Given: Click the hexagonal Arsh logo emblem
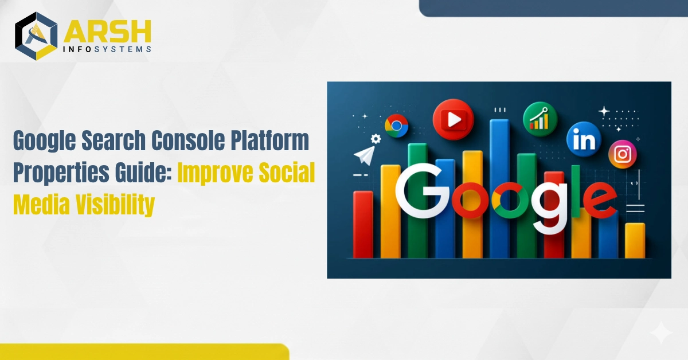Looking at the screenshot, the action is tap(36, 36).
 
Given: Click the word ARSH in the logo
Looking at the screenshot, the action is tap(108, 32).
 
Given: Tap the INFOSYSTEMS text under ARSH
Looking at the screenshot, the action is tap(107, 49).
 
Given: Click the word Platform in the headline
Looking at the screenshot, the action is tap(269, 140).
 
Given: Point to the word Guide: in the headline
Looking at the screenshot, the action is tap(143, 173).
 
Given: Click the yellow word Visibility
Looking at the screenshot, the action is tap(115, 205).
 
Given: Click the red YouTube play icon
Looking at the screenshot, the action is tap(453, 119).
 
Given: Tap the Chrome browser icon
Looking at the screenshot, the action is tap(397, 126).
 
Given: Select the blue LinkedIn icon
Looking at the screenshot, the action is tap(584, 139).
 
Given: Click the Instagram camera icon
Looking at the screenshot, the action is tap(623, 154).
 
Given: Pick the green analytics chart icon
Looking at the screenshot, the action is tap(540, 119).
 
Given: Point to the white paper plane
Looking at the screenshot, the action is tap(365, 155).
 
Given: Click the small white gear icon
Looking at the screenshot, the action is tap(376, 139).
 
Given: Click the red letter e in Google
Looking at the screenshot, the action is tap(600, 199).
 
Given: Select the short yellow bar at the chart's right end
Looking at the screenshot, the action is tap(635, 241).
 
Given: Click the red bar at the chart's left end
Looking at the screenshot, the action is tap(363, 225).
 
